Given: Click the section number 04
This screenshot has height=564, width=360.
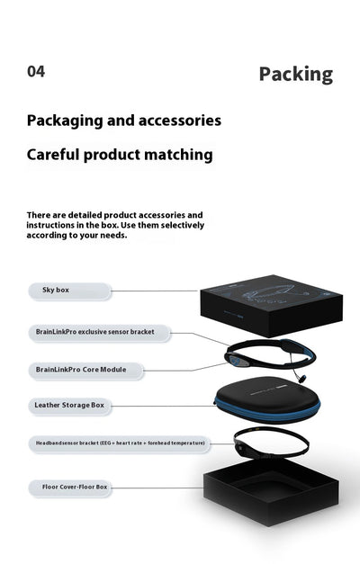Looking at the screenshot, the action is pyautogui.click(x=36, y=71).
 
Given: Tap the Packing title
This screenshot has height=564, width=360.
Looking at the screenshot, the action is pyautogui.click(x=296, y=75).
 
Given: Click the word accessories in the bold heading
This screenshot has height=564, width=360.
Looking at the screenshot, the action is pyautogui.click(x=180, y=121).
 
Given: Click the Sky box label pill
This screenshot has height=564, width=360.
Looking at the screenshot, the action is pyautogui.click(x=69, y=291).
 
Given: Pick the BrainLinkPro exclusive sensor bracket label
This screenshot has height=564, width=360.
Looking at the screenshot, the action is pyautogui.click(x=99, y=333).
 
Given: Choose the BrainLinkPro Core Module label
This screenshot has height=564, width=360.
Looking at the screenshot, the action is pyautogui.click(x=85, y=370).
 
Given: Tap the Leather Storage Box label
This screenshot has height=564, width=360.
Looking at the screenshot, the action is pyautogui.click(x=69, y=406).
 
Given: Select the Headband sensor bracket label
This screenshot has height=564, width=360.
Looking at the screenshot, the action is pyautogui.click(x=119, y=443).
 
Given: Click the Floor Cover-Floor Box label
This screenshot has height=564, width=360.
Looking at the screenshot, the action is pyautogui.click(x=70, y=488).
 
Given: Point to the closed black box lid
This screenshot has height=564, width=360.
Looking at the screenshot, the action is pyautogui.click(x=272, y=305).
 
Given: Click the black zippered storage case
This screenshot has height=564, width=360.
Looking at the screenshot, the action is pyautogui.click(x=267, y=399).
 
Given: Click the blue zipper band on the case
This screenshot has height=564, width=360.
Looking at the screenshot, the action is pyautogui.click(x=267, y=413).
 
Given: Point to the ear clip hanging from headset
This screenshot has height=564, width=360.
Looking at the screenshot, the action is pyautogui.click(x=301, y=379).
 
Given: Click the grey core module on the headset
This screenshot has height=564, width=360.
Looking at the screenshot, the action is pyautogui.click(x=238, y=361).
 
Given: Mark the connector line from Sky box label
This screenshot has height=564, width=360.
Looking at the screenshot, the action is pyautogui.click(x=155, y=291).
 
